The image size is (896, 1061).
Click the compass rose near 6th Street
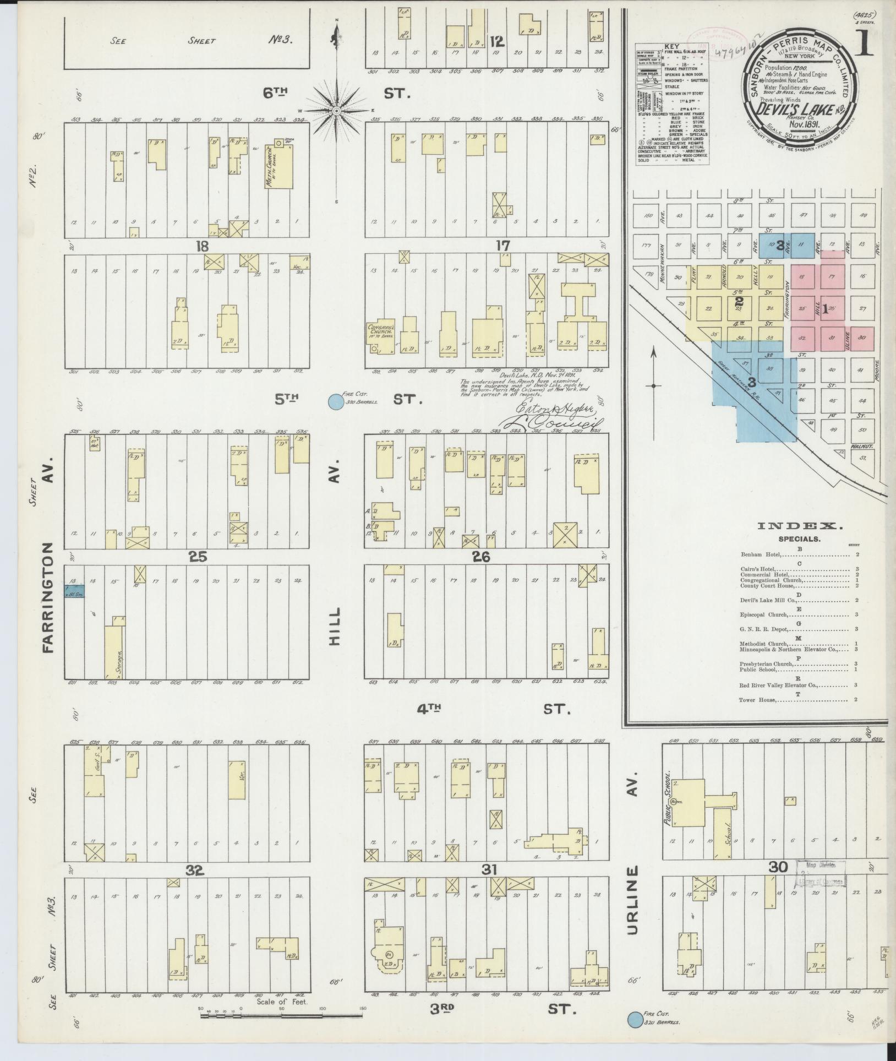[336, 110]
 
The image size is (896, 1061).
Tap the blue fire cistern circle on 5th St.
[334, 402]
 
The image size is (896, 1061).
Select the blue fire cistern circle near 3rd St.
[635, 1019]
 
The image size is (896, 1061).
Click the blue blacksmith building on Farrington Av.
[74, 592]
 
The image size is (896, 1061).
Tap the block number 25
[198, 557]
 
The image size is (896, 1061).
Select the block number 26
[481, 558]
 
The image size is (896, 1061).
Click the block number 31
[489, 870]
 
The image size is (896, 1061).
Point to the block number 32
[195, 872]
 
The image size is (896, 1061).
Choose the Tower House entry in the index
[757, 700]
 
